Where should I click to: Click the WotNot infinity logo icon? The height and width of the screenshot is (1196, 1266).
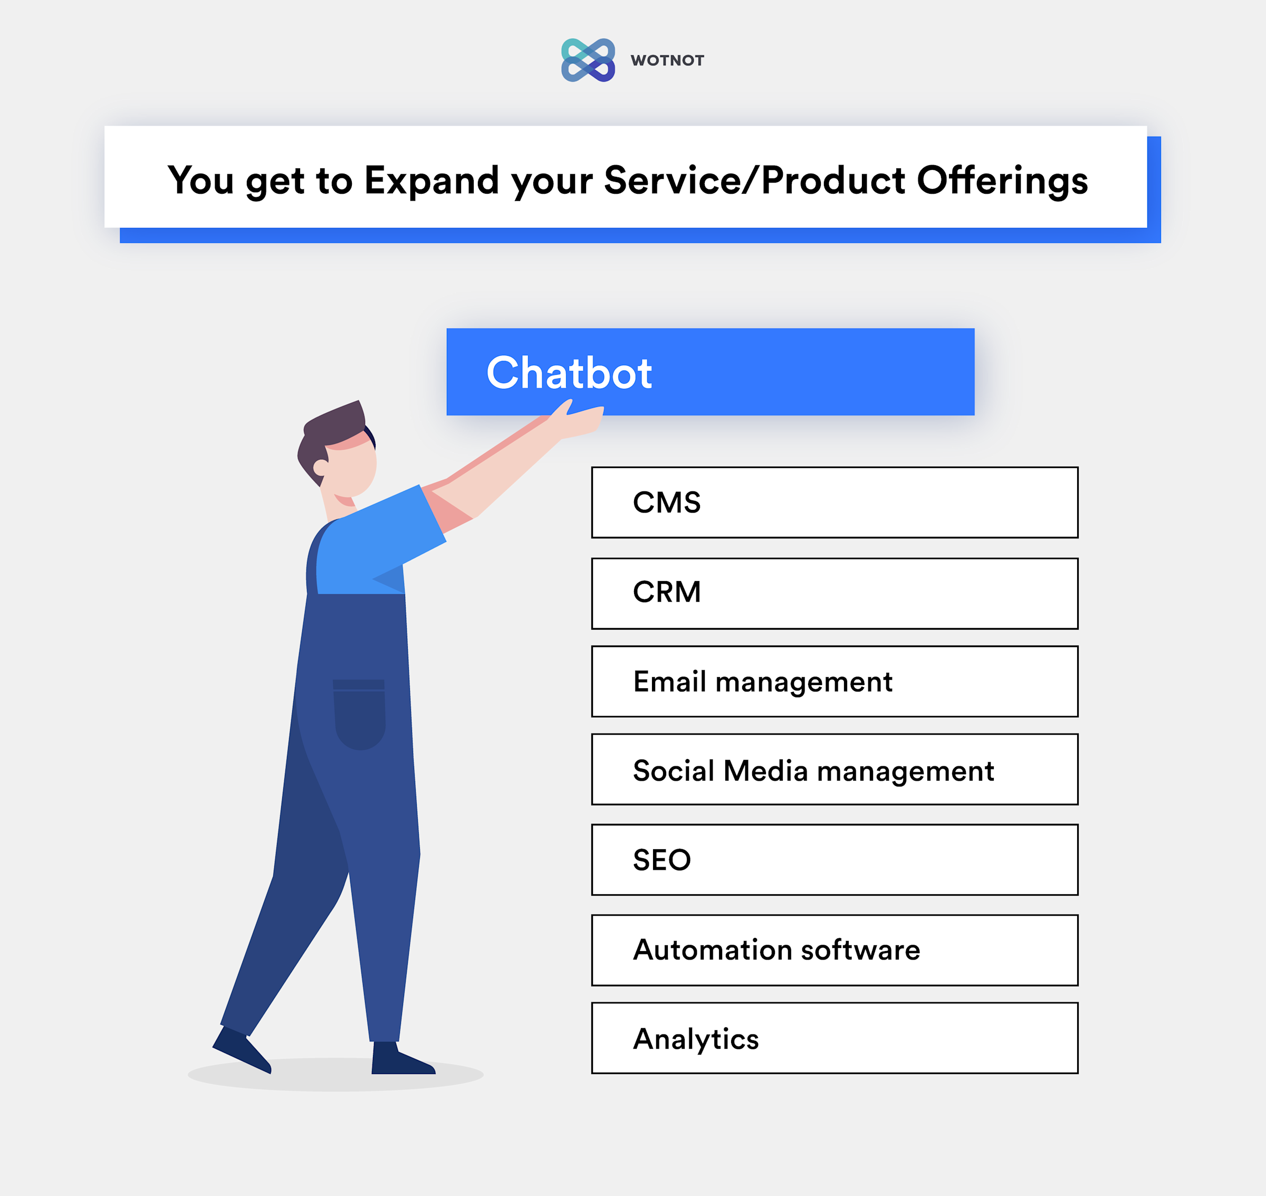tap(588, 60)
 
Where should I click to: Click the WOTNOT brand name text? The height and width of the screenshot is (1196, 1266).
tap(667, 61)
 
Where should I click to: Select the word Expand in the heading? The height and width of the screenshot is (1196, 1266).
tap(431, 181)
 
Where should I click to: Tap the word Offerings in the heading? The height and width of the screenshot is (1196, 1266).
tap(1002, 181)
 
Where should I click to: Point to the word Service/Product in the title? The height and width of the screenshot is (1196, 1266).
tap(754, 181)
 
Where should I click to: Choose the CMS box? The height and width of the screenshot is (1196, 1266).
tap(834, 502)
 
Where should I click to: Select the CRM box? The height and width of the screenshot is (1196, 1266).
tap(834, 593)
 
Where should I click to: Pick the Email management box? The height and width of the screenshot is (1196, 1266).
tap(834, 681)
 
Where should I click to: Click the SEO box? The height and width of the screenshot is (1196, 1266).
tap(834, 859)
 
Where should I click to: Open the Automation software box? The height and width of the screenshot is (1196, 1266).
tap(834, 950)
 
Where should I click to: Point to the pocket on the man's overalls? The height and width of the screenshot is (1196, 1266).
tap(359, 714)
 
